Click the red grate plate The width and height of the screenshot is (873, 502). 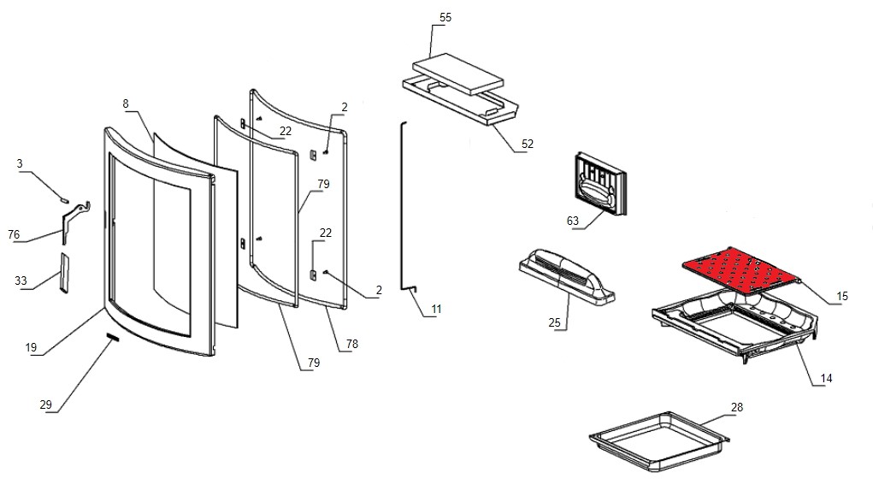point(740,269)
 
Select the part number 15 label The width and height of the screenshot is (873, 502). point(842,296)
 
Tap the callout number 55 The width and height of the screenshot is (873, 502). point(445,18)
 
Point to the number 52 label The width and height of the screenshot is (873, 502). point(527,144)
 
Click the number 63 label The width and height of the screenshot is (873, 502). point(573,221)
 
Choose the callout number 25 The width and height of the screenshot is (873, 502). point(555,322)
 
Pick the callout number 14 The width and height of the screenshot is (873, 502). point(825,378)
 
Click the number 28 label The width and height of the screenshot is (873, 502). point(737,406)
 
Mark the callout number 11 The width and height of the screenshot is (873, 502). point(437,308)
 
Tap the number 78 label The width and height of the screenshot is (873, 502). point(352,344)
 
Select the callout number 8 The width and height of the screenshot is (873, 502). point(126,103)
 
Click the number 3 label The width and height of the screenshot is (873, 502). point(20,163)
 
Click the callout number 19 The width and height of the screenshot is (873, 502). point(31,347)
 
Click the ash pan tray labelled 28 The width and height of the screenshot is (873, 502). point(658,442)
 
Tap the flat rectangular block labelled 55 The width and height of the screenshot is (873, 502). point(457,74)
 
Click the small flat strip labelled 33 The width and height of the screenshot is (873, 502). point(62,272)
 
